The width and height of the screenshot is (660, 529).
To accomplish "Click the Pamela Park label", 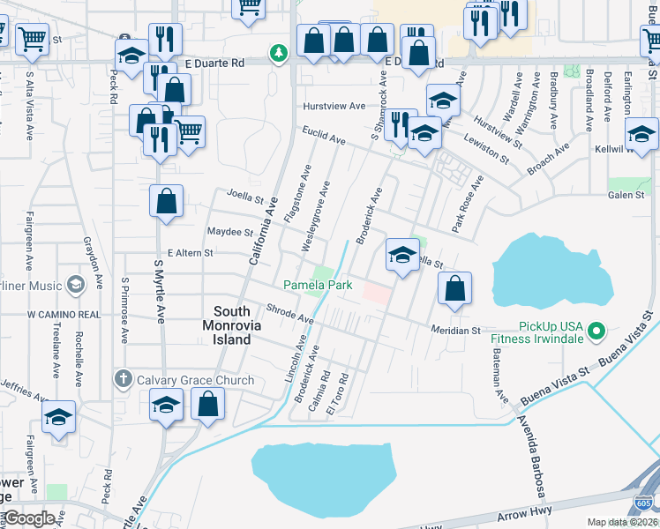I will (x=318, y=285).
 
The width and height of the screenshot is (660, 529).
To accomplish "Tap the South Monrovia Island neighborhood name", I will (x=244, y=325).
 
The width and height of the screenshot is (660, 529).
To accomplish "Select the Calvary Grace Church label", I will (x=195, y=381).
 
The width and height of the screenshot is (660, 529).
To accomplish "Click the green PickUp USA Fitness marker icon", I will (x=596, y=332).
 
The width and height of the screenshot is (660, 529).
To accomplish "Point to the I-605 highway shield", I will (x=644, y=504).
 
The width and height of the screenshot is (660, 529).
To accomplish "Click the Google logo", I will (x=29, y=518).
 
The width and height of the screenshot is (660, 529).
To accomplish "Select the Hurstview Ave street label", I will (x=334, y=106).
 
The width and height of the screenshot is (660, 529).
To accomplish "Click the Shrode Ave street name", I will (x=289, y=313).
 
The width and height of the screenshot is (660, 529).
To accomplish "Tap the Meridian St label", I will (x=454, y=331).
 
